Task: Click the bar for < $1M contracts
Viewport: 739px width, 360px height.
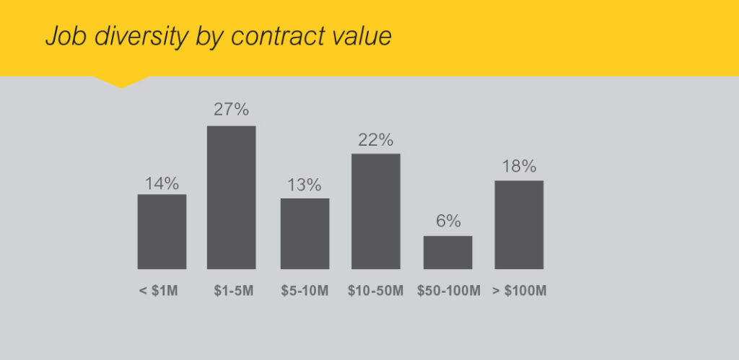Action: click(x=162, y=232)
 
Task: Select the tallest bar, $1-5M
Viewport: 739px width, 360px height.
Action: click(x=231, y=198)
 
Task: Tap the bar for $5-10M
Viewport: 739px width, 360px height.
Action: click(x=305, y=234)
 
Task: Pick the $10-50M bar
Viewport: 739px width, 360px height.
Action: click(x=375, y=211)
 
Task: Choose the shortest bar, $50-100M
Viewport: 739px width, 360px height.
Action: click(x=447, y=253)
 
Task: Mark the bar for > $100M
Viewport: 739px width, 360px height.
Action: click(x=519, y=224)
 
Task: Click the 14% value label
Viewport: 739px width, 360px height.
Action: click(x=162, y=183)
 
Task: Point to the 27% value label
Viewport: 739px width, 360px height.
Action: click(x=231, y=110)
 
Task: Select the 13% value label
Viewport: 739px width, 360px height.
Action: click(x=305, y=185)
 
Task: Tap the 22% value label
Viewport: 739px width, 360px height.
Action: click(x=375, y=140)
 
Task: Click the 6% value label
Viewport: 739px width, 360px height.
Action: click(x=448, y=221)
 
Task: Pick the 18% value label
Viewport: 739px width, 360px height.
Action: click(x=519, y=167)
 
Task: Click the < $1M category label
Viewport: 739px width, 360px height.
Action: click(x=158, y=291)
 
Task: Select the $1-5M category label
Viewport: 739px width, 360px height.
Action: click(x=232, y=291)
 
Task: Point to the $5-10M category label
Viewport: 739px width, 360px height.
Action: click(x=305, y=291)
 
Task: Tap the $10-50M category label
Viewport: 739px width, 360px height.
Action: click(x=375, y=291)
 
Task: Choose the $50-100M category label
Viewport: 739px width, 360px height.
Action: click(x=448, y=291)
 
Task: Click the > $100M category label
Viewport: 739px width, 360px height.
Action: click(x=520, y=291)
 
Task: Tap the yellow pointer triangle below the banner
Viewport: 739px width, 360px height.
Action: click(x=121, y=81)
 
